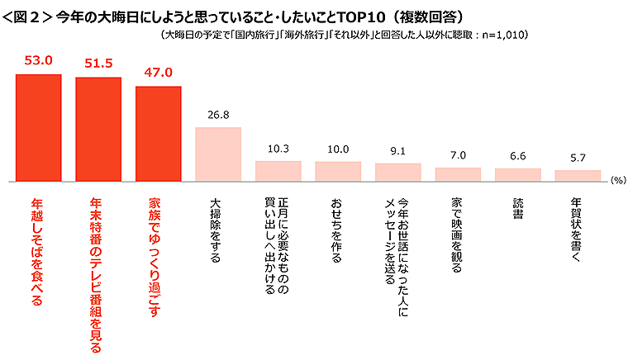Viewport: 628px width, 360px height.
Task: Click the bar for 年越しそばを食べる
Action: click(x=39, y=127)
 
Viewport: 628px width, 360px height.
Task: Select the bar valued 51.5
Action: click(x=98, y=129)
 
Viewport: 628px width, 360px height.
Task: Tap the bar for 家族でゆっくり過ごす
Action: click(x=158, y=133)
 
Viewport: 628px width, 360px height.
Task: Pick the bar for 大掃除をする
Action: click(x=217, y=154)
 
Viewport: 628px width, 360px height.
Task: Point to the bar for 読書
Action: click(x=517, y=174)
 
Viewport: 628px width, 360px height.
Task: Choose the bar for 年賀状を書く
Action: click(x=577, y=175)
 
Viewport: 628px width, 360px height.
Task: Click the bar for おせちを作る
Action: click(x=338, y=171)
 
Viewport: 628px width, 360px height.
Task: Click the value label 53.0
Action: click(x=39, y=60)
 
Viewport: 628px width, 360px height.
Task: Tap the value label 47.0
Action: click(x=158, y=72)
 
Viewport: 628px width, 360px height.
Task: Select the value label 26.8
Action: click(x=217, y=115)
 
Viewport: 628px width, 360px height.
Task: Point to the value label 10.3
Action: click(x=278, y=149)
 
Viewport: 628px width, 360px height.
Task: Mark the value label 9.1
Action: click(x=397, y=150)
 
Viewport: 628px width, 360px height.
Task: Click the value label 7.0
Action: click(x=458, y=155)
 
